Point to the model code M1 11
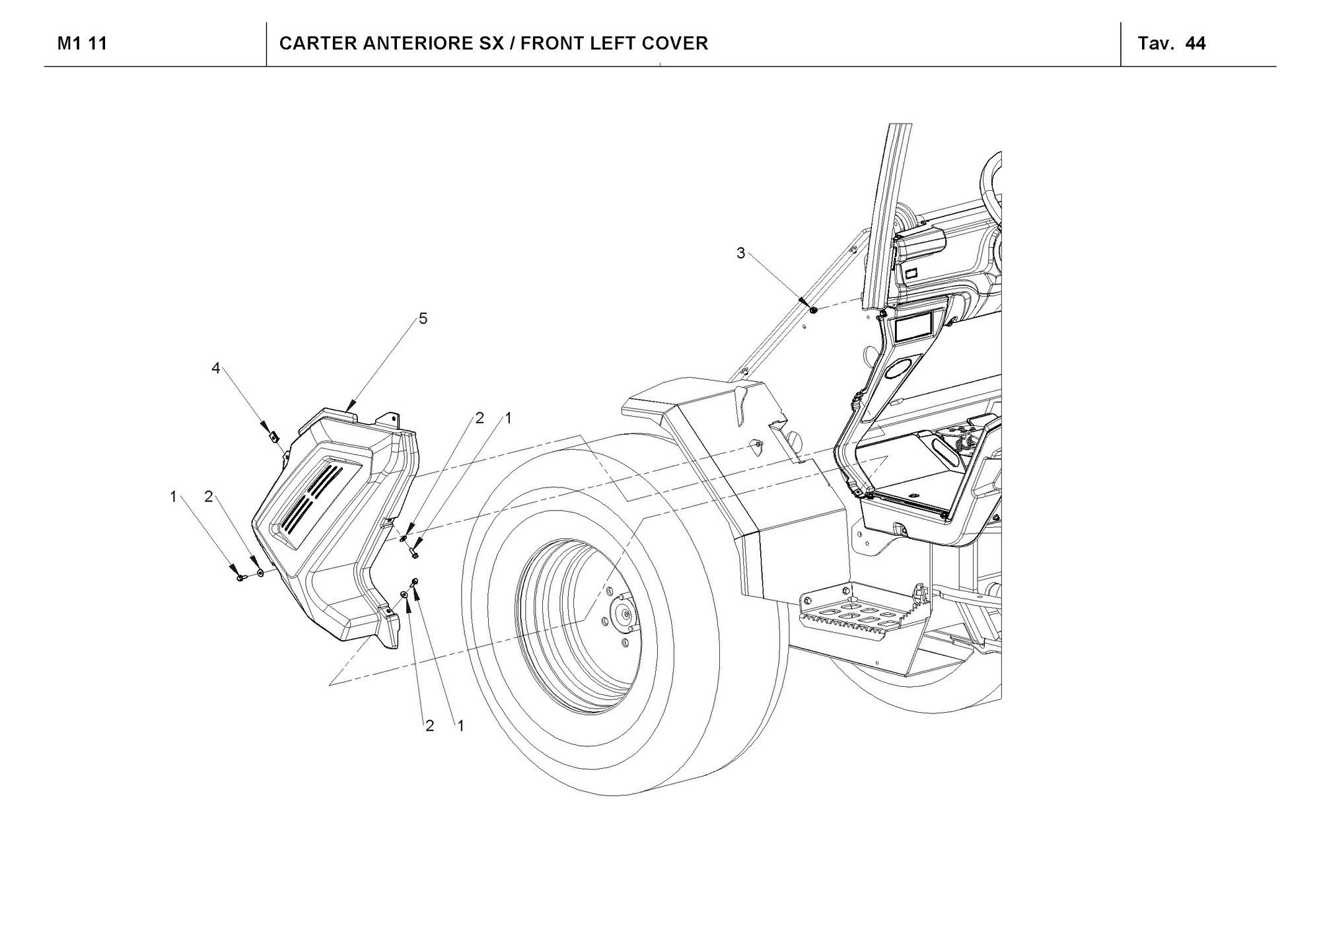82,44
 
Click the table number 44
1196,44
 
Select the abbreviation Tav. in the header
1156,44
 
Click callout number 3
740,254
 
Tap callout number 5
423,319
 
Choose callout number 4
215,369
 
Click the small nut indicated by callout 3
813,309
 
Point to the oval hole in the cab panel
897,370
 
